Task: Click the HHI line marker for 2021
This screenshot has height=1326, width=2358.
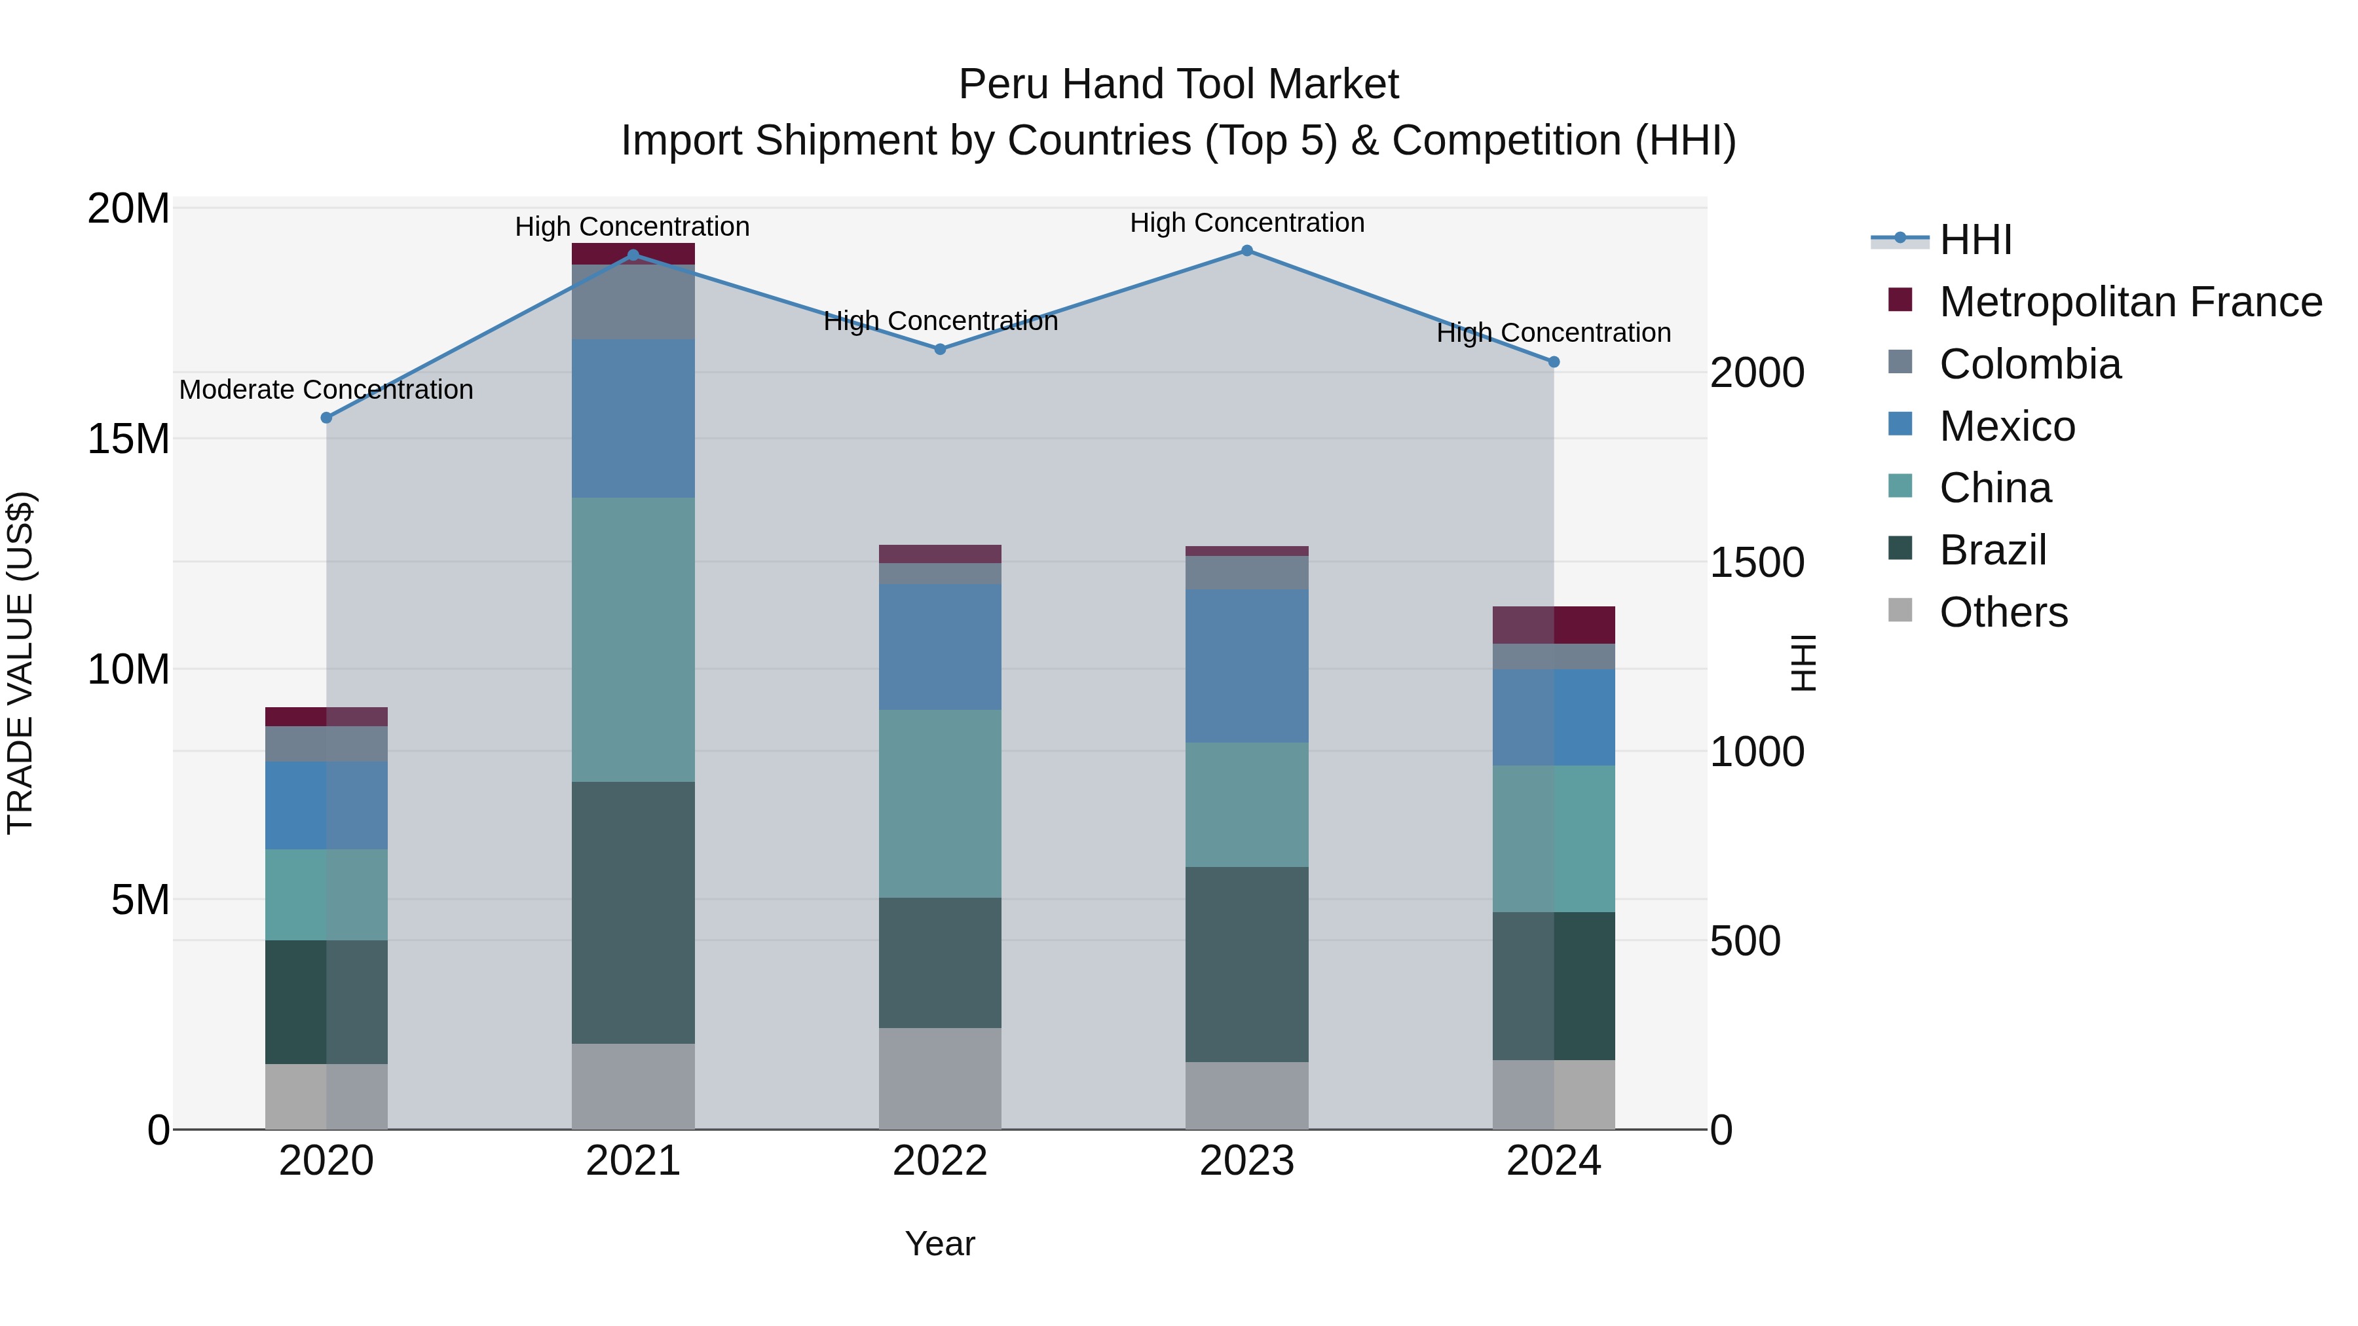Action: (633, 255)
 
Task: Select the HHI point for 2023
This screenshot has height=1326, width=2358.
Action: (1246, 251)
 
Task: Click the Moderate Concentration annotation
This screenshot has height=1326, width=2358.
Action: (326, 390)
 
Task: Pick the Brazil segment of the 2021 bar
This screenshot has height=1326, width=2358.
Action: (633, 912)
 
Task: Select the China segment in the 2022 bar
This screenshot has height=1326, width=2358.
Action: (940, 803)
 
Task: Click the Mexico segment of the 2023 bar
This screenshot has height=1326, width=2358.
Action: (1246, 666)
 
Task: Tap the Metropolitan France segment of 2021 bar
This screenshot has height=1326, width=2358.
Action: (633, 253)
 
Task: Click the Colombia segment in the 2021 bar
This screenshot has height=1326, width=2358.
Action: (633, 302)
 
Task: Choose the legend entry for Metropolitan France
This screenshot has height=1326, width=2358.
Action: (2130, 302)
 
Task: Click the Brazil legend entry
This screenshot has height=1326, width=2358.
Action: (1992, 550)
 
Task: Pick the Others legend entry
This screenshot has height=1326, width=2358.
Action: (2003, 612)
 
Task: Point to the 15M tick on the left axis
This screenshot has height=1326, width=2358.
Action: (128, 439)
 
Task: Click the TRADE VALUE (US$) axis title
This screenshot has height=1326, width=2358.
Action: (20, 663)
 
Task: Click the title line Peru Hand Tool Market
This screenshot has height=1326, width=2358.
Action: (1178, 84)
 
